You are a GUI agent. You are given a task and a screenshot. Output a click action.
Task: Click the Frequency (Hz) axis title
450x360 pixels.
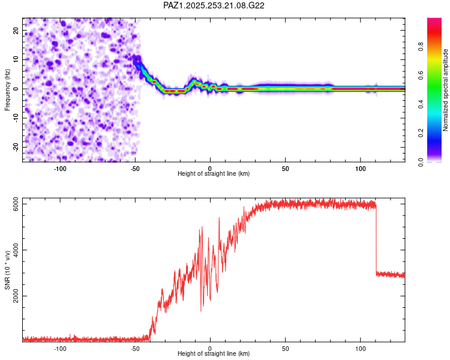point(8,89)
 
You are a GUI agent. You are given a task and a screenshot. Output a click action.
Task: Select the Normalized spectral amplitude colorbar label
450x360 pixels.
point(446,90)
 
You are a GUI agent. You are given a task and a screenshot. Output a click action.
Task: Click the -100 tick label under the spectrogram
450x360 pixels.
point(60,168)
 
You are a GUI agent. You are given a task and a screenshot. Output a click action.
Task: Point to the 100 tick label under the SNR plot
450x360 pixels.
point(361,348)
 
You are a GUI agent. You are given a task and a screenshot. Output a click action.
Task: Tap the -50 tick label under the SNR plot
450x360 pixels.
point(135,348)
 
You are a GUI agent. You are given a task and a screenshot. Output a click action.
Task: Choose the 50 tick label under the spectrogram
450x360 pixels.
point(286,168)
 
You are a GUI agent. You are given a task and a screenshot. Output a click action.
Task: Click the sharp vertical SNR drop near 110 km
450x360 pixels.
point(376,240)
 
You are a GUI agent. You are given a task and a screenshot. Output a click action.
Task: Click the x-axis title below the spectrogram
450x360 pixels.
point(214,174)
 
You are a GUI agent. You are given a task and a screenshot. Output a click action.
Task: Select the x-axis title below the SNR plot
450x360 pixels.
point(214,354)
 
